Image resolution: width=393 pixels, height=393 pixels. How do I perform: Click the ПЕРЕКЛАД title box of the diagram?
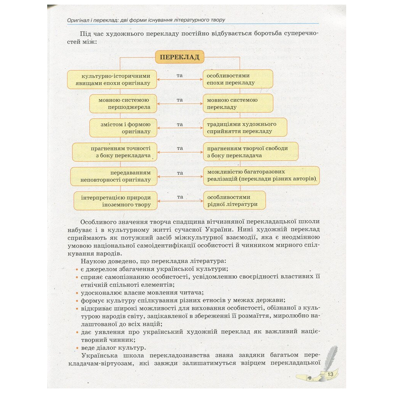(179, 58)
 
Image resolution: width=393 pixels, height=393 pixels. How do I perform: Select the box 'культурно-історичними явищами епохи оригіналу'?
(113, 79)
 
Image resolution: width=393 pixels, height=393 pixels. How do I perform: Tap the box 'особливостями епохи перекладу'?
(238, 79)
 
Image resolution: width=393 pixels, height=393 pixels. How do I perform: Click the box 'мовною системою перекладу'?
(238, 103)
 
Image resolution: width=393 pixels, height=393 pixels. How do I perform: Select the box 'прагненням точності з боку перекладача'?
(115, 152)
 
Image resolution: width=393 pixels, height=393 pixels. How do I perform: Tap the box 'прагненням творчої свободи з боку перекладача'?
(251, 152)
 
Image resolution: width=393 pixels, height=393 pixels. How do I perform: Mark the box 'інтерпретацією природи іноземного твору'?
(116, 200)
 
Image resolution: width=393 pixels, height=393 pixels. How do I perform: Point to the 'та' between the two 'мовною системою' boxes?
(180, 100)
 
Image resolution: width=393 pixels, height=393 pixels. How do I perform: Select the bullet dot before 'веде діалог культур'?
(77, 348)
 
